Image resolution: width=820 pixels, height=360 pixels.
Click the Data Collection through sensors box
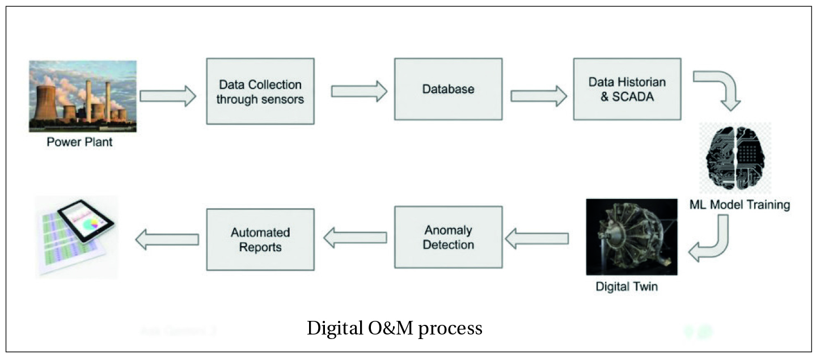tap(260, 91)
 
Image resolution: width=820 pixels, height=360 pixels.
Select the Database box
tap(448, 89)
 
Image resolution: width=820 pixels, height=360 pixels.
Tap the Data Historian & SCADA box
tap(626, 89)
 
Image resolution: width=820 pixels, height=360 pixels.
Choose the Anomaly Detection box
tap(448, 237)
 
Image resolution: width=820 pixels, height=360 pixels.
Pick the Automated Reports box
tap(260, 239)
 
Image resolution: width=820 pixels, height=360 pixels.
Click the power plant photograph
tap(83, 96)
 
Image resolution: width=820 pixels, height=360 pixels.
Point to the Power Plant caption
tap(79, 142)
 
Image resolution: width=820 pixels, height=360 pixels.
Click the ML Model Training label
tap(739, 204)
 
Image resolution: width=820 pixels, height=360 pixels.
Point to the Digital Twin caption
tap(627, 286)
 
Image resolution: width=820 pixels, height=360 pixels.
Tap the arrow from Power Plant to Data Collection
tap(168, 96)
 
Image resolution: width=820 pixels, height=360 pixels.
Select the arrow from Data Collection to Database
tap(358, 91)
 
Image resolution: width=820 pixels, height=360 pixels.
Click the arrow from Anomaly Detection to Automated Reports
tap(355, 239)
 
